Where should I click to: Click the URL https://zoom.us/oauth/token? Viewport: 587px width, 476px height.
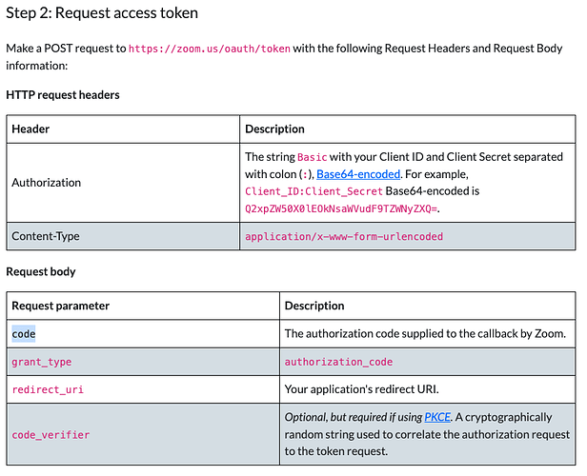click(210, 48)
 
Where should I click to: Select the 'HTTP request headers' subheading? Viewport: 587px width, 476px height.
click(63, 95)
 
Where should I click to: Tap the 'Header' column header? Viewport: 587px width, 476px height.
click(30, 129)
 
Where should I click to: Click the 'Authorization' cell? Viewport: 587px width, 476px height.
click(47, 182)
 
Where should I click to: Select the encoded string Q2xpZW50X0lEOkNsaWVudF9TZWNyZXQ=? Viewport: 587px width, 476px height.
click(342, 208)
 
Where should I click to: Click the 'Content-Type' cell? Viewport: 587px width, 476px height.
click(46, 236)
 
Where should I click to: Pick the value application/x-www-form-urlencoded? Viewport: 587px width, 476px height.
click(344, 236)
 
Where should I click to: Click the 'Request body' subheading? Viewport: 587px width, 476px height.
click(41, 271)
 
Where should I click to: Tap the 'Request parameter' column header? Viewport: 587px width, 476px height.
click(61, 306)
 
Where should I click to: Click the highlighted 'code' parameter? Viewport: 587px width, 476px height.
click(24, 334)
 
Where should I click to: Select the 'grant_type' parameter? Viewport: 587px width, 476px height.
click(41, 362)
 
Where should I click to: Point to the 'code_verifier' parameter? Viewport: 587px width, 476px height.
click(51, 435)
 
